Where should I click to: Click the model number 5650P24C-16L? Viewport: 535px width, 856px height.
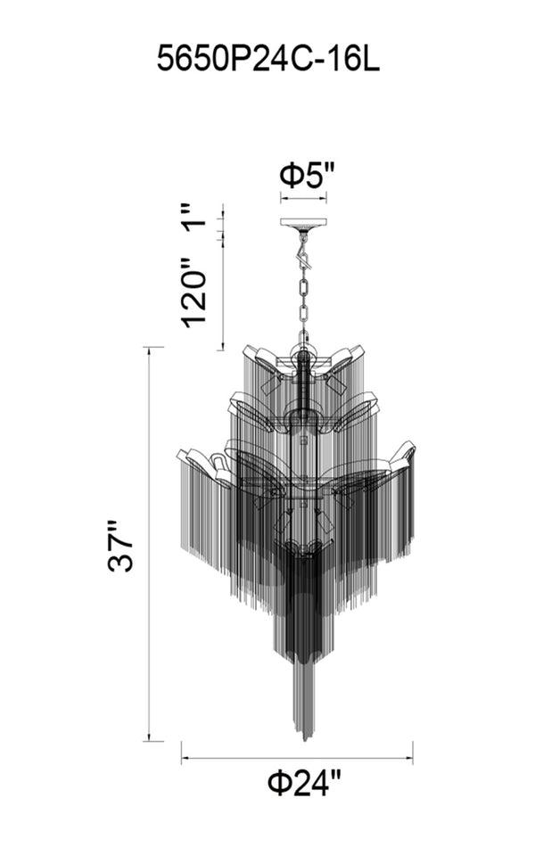coord(268,59)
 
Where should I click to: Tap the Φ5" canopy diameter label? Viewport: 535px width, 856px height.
coord(306,176)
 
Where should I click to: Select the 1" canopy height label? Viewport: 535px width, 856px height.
coord(195,216)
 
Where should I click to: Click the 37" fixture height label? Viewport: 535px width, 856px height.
coord(121,546)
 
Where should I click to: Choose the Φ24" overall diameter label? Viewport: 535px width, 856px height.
coord(304,784)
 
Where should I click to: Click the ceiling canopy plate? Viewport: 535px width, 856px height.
coord(303,223)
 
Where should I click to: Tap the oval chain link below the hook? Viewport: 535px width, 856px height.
coord(303,287)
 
